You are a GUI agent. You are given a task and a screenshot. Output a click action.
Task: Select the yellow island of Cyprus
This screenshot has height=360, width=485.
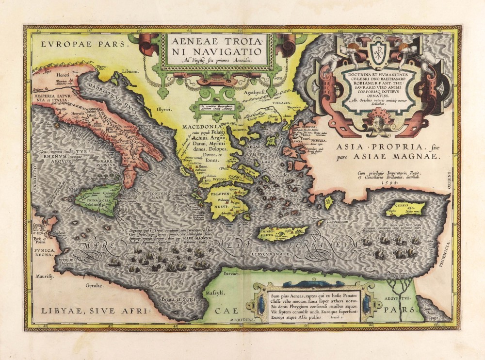[405, 210]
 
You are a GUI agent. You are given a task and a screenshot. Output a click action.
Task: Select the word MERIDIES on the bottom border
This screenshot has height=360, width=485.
[240, 320]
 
